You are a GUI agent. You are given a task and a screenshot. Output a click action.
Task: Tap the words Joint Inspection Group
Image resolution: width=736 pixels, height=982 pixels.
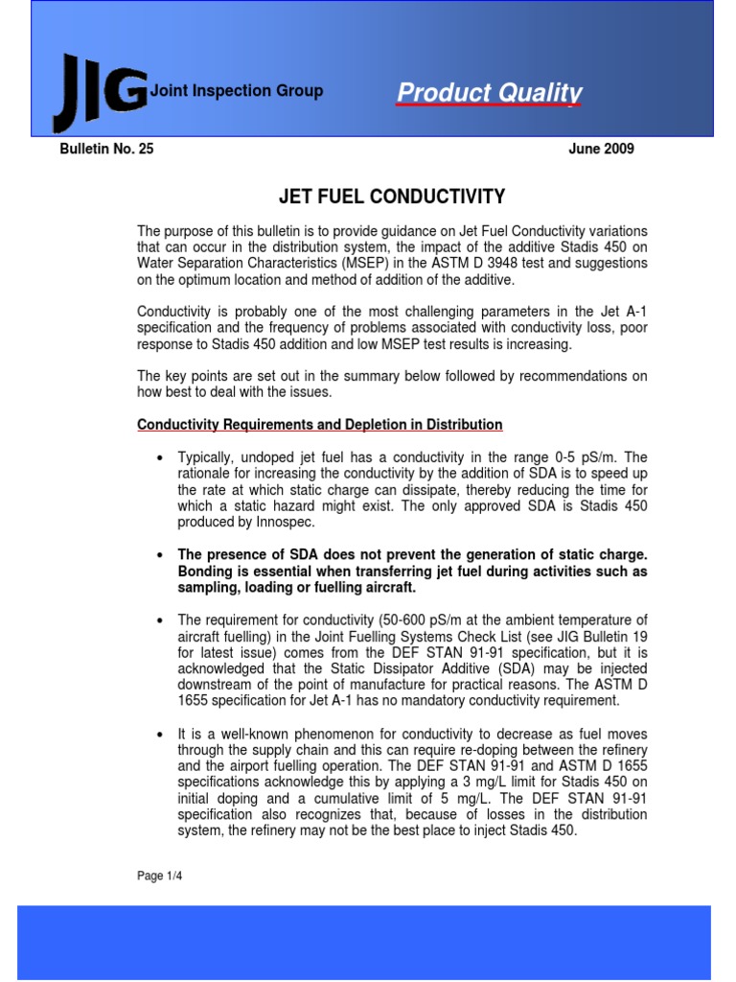237,91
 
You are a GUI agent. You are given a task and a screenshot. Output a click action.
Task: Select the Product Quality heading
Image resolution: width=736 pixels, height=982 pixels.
490,92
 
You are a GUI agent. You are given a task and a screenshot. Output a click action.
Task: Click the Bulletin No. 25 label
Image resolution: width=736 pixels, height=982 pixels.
106,149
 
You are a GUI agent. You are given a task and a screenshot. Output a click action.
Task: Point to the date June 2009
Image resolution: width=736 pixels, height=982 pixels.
601,149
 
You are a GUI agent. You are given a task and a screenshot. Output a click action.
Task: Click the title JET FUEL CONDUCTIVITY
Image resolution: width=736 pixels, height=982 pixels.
391,198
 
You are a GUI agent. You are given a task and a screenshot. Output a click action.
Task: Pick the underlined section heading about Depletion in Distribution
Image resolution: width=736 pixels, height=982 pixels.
320,424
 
